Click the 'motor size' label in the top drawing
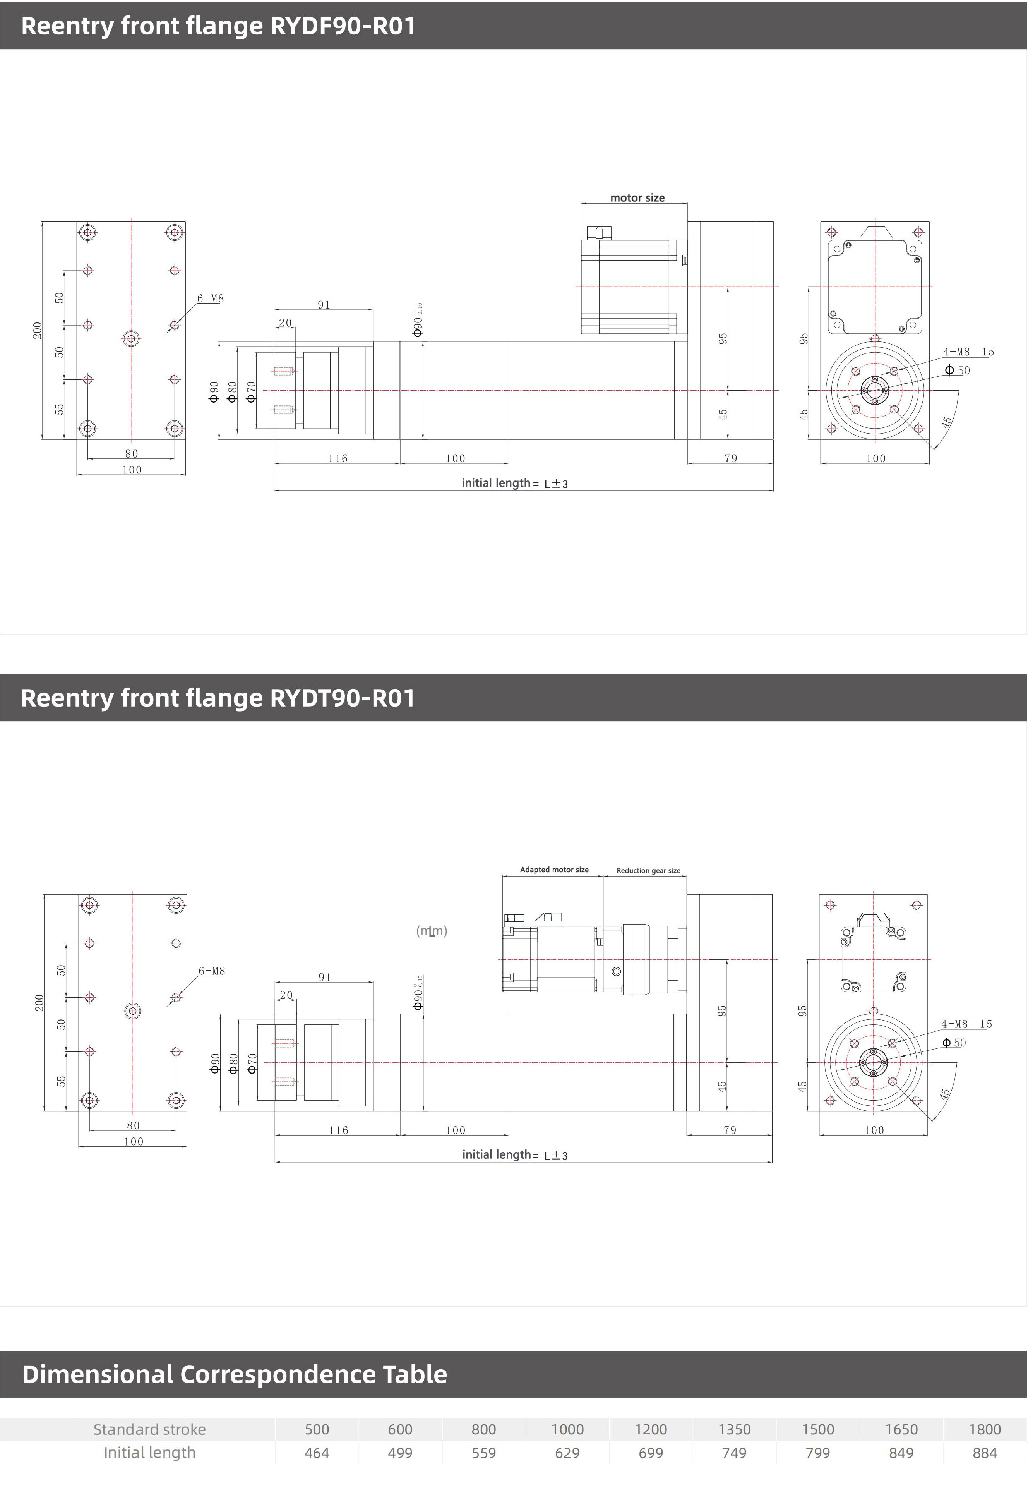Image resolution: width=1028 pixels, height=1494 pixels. coord(637,198)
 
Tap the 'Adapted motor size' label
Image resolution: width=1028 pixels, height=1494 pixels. coord(554,870)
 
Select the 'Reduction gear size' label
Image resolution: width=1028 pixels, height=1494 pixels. coord(648,870)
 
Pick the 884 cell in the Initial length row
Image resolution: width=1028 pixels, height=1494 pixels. coord(984,1453)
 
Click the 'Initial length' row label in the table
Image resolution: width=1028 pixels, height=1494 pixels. coord(149,1452)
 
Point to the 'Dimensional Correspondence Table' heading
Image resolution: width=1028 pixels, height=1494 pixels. coord(235,1374)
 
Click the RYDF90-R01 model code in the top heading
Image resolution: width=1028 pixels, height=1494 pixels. coord(343,26)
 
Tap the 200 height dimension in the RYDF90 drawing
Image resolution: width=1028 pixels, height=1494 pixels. coord(38,331)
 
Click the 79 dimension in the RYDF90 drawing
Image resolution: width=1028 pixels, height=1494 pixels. coord(730,458)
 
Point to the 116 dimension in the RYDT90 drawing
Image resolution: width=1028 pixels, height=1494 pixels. coord(338,1130)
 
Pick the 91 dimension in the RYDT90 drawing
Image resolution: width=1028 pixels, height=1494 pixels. coord(325,977)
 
